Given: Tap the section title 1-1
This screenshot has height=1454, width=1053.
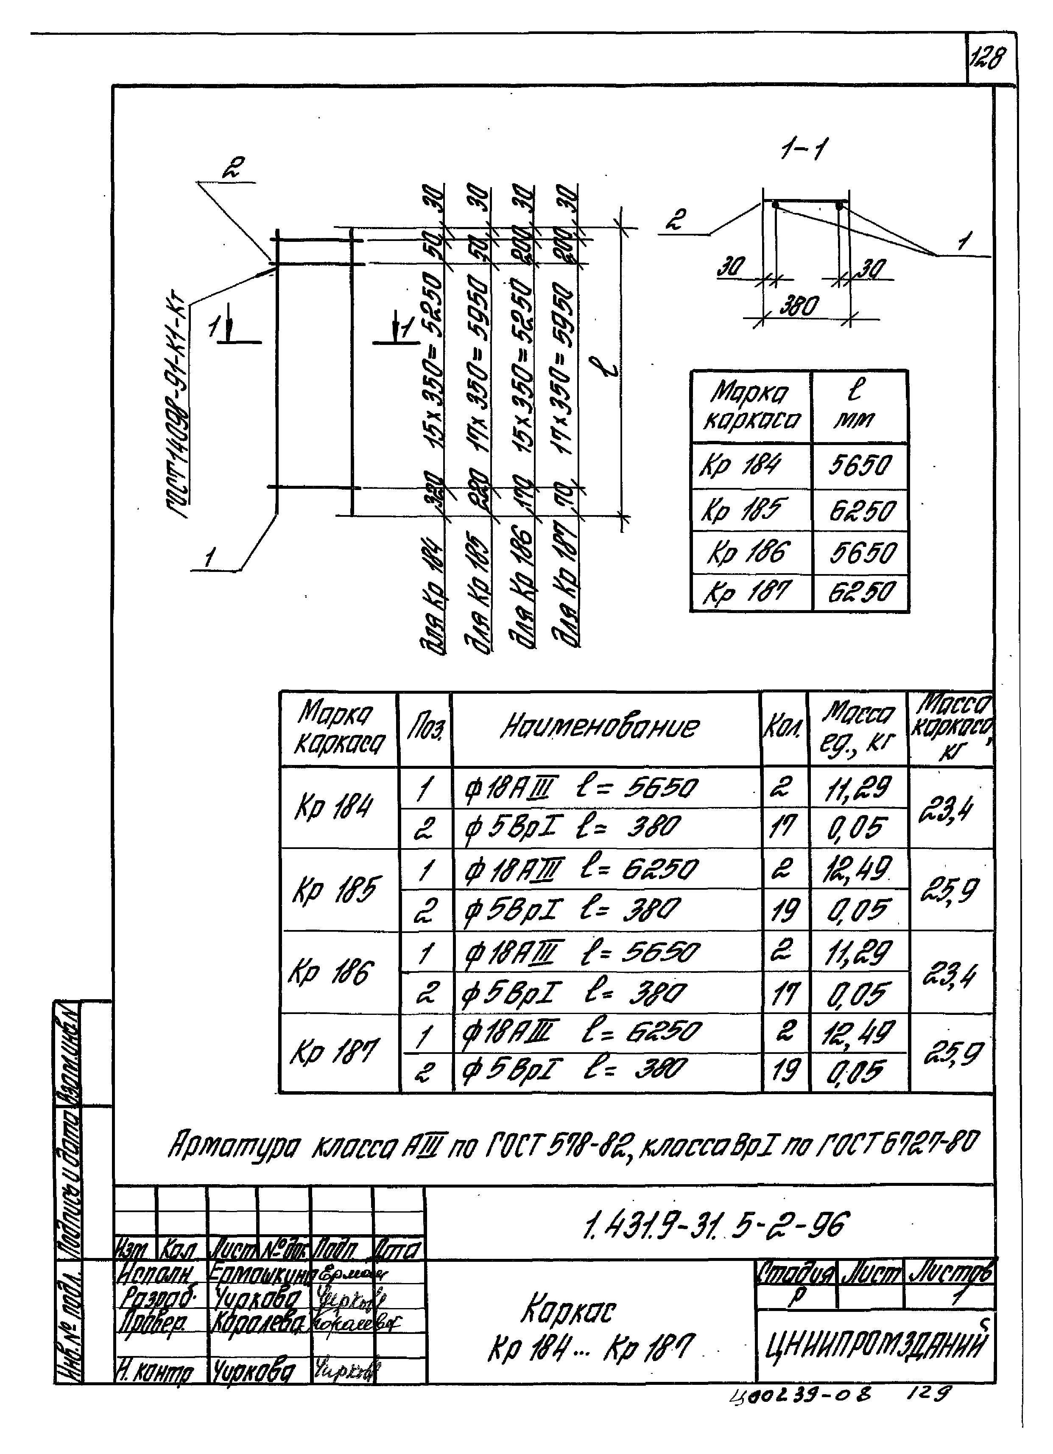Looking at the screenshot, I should coord(802,151).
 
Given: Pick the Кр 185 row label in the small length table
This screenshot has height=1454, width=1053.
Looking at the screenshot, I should coord(742,511).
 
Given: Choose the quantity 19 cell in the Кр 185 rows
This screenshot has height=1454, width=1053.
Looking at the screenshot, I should coord(784,910).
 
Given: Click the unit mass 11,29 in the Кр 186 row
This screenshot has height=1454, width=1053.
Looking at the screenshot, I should coord(857,952).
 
